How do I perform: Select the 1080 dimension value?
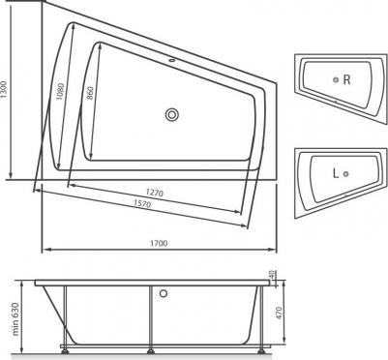[60, 91]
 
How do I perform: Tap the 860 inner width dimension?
[90, 93]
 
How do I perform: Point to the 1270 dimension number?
[155, 193]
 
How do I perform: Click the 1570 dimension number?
[142, 203]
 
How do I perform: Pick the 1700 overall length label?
[160, 243]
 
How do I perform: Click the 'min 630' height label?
[16, 318]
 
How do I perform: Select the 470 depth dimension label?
[279, 313]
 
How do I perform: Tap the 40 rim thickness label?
[272, 275]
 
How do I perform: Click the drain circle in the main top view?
[172, 114]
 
